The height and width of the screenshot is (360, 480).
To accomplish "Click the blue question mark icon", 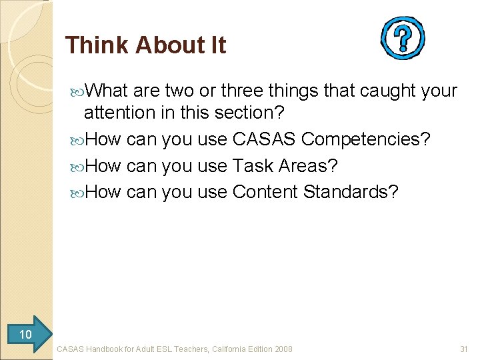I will (x=402, y=39).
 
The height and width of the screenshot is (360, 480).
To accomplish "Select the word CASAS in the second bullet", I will (x=264, y=139).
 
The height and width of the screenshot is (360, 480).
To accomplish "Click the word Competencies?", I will (x=366, y=139).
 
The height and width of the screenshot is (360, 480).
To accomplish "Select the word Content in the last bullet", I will (x=265, y=192).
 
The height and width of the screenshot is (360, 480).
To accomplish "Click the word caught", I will (x=387, y=90).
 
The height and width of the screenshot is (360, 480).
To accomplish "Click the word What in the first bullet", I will (x=108, y=90).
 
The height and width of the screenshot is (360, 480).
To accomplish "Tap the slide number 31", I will (x=464, y=349).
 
